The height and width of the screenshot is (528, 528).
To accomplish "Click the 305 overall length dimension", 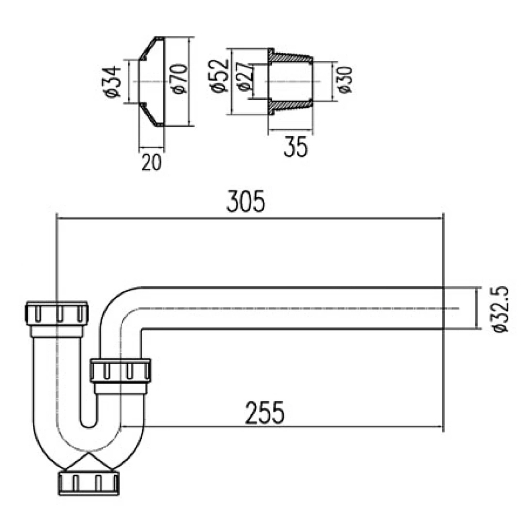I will pos(246,201).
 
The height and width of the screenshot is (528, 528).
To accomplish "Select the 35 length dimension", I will pos(295,147).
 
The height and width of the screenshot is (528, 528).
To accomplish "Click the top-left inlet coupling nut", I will pos(57,314).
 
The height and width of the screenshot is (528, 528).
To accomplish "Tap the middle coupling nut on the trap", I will pos(121,371).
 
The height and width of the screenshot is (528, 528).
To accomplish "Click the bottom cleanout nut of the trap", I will pos(90,482).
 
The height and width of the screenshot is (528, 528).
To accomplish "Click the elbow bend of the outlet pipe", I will pos(117,305).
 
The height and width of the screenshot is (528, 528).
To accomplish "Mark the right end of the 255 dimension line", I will pos(442,427).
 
